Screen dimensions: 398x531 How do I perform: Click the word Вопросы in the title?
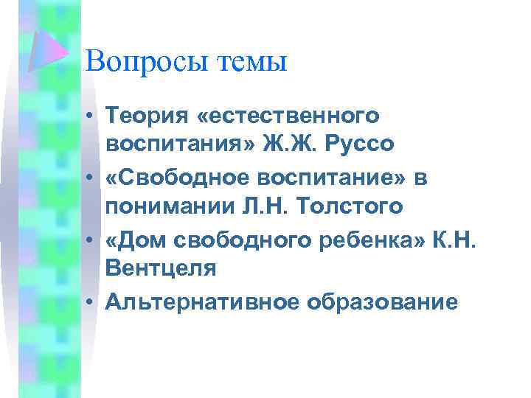pyautogui.click(x=146, y=60)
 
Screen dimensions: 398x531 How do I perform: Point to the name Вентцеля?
pyautogui.click(x=161, y=269)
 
